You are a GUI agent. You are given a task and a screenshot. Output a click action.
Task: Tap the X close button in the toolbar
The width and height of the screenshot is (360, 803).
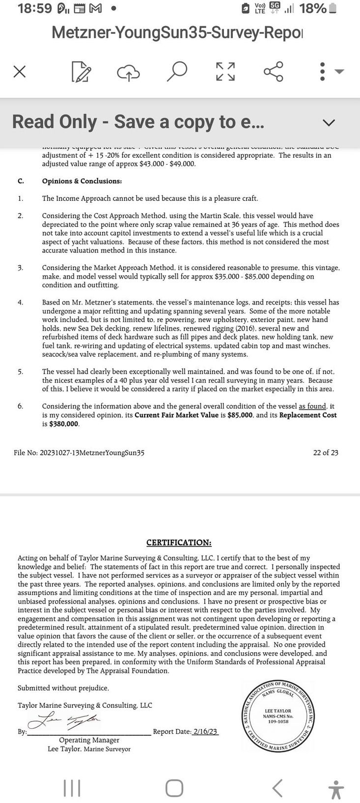point(19,72)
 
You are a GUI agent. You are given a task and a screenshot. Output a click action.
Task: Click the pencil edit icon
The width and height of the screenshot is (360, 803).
point(81,72)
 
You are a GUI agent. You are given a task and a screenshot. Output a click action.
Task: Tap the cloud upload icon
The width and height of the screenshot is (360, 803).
point(128,73)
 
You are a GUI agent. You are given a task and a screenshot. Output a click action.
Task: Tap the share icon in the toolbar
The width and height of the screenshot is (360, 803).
point(274,72)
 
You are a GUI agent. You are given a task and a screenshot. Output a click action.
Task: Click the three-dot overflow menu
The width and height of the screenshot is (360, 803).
point(322,72)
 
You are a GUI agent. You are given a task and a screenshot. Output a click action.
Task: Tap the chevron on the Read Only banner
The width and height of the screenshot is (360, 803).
point(328,122)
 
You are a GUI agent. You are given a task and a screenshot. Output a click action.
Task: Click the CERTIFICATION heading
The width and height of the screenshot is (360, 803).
point(179,543)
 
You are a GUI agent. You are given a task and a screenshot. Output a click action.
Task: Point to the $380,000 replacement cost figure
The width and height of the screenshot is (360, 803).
point(64,424)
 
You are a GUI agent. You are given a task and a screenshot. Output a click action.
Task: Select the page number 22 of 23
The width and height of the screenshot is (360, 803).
point(326,453)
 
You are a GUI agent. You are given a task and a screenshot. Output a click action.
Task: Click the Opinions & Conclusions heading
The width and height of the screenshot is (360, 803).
point(82,181)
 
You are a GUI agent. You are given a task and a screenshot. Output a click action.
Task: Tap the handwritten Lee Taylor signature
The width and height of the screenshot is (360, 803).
point(66,720)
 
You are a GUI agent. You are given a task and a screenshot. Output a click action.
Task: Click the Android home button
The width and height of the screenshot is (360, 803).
point(174,788)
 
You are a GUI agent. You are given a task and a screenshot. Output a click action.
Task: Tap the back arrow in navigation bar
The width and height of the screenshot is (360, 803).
point(277,788)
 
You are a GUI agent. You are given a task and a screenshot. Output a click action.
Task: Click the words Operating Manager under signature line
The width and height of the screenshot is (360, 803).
point(89,740)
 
